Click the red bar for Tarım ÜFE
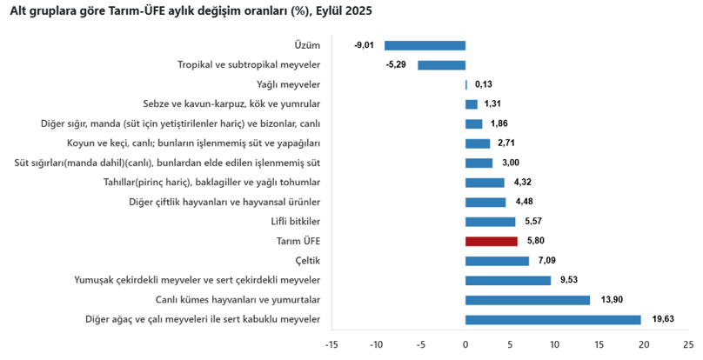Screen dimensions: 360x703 tap(492, 241)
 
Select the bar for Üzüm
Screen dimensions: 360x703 tap(425, 45)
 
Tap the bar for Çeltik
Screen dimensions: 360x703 tap(497, 261)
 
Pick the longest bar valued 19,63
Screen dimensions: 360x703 tap(552, 319)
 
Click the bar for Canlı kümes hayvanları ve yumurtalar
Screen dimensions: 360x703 tap(527, 300)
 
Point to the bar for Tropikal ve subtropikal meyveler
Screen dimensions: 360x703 tap(441, 65)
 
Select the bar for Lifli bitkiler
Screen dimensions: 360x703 tap(490, 222)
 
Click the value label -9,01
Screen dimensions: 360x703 tap(365, 45)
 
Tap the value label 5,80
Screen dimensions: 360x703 tap(534, 241)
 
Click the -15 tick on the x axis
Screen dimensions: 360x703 tap(331, 344)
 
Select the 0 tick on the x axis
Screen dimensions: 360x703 tap(465, 344)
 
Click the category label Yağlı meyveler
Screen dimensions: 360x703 tap(288, 84)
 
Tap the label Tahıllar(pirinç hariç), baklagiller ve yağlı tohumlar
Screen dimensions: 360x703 tap(211, 183)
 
